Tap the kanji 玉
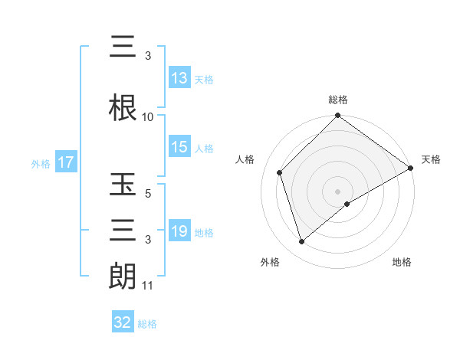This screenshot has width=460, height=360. [123, 186]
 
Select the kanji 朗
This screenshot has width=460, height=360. [123, 276]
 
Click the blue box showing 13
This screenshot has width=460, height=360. [179, 78]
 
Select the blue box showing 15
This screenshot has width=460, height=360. [179, 147]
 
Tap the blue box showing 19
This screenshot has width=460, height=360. [179, 231]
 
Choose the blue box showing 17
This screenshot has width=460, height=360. [65, 162]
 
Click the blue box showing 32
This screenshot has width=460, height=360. [123, 322]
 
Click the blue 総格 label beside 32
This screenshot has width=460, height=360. [148, 324]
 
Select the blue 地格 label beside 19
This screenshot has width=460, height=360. [205, 232]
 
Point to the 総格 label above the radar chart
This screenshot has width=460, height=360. [338, 100]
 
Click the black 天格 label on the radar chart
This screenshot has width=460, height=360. [431, 159]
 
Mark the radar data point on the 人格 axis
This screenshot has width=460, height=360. [280, 172]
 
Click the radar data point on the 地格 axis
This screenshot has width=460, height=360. [347, 204]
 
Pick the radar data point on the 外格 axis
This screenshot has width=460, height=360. [301, 242]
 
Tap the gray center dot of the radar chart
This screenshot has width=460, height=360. [338, 191]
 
